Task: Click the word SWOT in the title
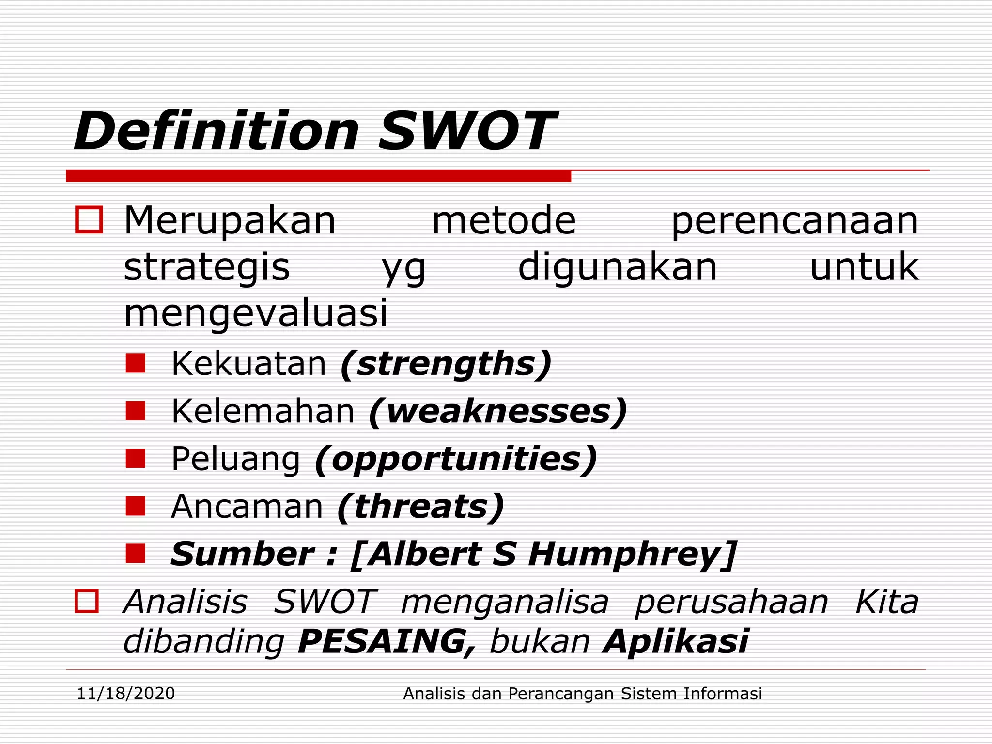[x=467, y=132]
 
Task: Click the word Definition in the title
[x=217, y=132]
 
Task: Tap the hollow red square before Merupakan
[x=89, y=220]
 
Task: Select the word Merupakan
[x=230, y=221]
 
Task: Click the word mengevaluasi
[x=256, y=313]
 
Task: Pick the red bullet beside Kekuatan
[x=136, y=363]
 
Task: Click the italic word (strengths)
[x=446, y=364]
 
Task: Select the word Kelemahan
[x=263, y=412]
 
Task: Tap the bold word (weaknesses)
[x=498, y=412]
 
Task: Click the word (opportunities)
[x=456, y=459]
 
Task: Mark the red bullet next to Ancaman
[x=136, y=506]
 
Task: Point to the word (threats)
[x=421, y=507]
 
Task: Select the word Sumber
[x=242, y=554]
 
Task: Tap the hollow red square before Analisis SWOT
[x=87, y=601]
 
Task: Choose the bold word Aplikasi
[x=676, y=641]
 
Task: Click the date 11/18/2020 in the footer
[x=126, y=694]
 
